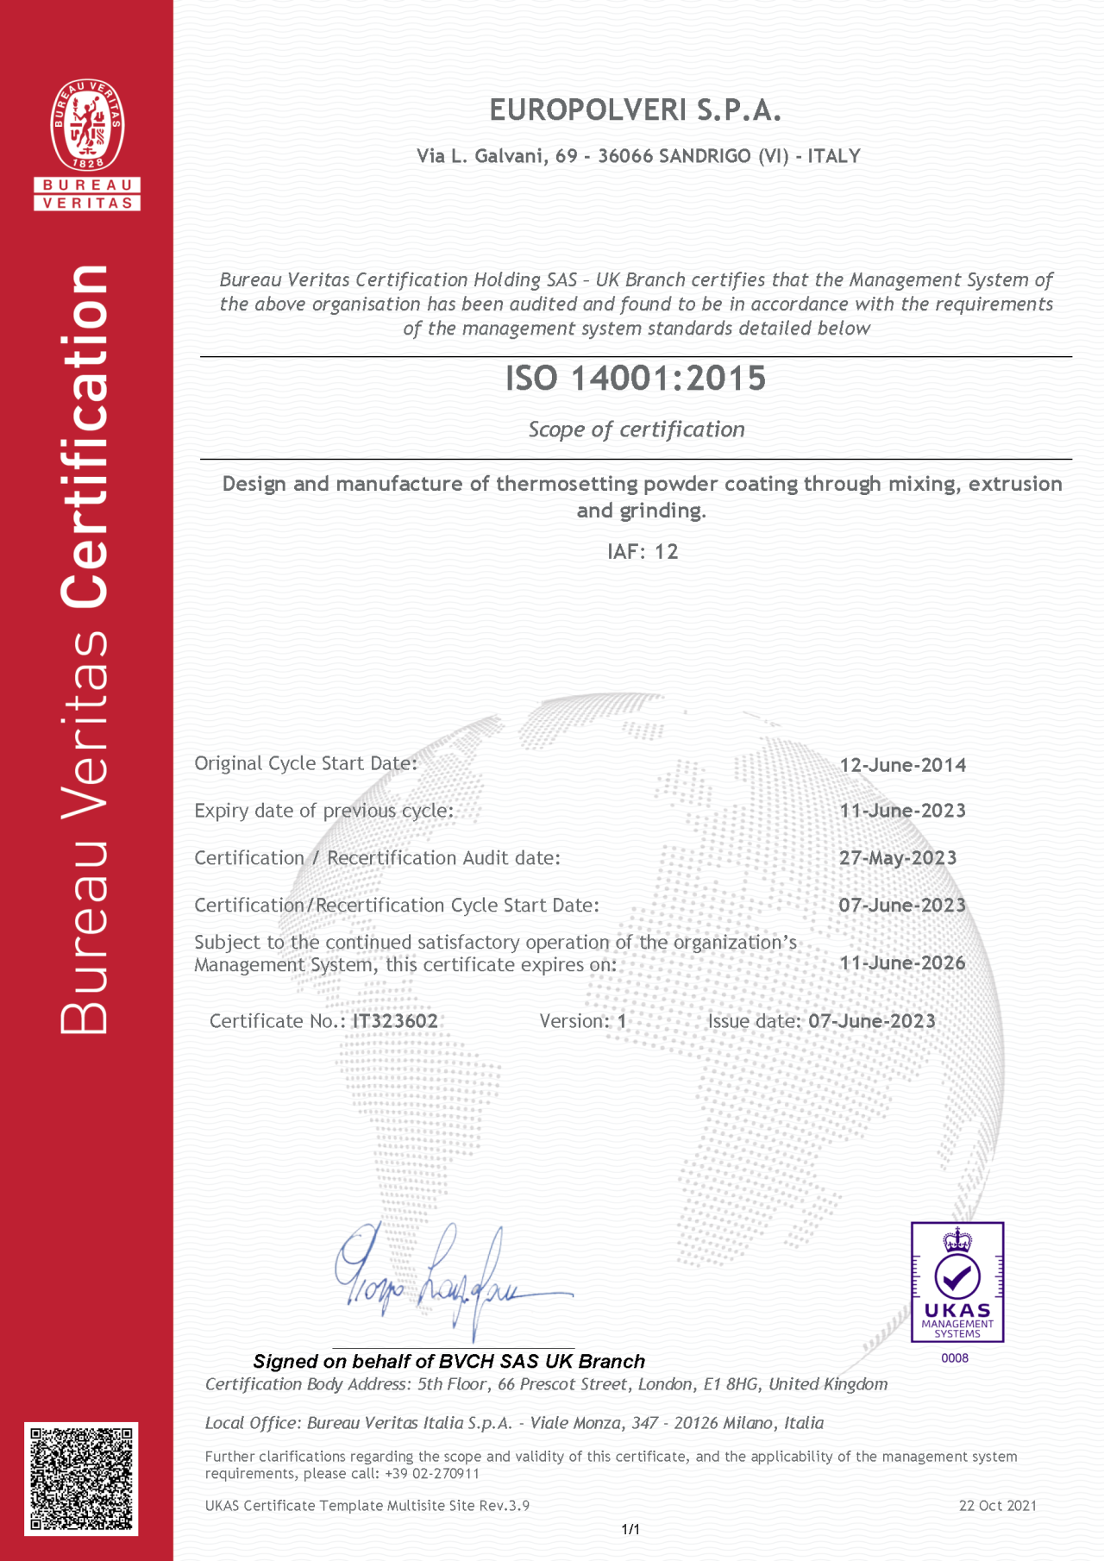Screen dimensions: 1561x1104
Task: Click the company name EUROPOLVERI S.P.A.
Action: coord(635,110)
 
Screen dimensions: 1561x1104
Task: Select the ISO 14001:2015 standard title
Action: coord(636,379)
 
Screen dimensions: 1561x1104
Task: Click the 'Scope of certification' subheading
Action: coord(637,429)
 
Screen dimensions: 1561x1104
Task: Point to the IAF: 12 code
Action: coord(643,552)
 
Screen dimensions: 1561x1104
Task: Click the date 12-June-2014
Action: coord(902,765)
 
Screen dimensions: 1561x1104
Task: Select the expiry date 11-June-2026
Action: coord(902,963)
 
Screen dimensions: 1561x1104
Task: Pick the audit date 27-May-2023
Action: coord(898,858)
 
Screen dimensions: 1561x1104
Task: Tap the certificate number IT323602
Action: coord(395,1021)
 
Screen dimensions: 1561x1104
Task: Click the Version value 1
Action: coord(622,1021)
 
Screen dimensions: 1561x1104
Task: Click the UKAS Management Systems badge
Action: coord(957,1282)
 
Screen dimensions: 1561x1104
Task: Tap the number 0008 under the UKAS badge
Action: coord(955,1358)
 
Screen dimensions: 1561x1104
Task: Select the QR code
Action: coord(81,1480)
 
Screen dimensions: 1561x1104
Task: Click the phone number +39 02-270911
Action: coord(430,1474)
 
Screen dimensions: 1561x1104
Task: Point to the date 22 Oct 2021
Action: coord(997,1506)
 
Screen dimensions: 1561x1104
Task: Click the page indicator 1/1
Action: coord(630,1529)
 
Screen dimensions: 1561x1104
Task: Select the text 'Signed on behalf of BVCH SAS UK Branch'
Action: coord(449,1362)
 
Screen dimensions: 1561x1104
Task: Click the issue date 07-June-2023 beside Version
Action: coord(871,1021)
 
